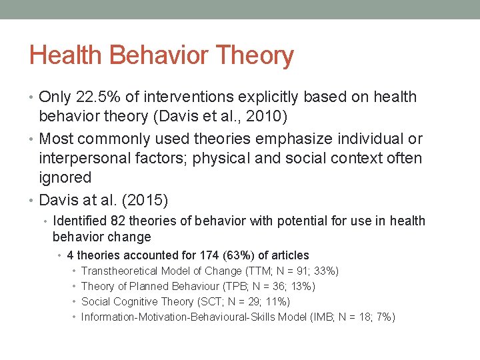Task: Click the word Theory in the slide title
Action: [x=255, y=56]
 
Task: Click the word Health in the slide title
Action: [x=67, y=55]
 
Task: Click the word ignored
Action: [x=65, y=177]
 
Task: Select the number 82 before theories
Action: [x=118, y=221]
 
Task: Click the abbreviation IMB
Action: [x=323, y=317]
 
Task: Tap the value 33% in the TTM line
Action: [x=327, y=271]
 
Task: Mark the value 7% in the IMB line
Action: [x=383, y=317]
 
